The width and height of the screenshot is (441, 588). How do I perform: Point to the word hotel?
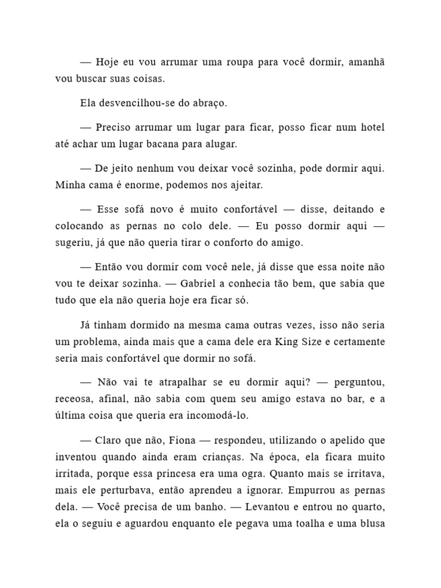coord(371,127)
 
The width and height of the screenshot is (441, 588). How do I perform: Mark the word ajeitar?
coord(245,185)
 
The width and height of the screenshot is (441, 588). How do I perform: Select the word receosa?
coord(73,399)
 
